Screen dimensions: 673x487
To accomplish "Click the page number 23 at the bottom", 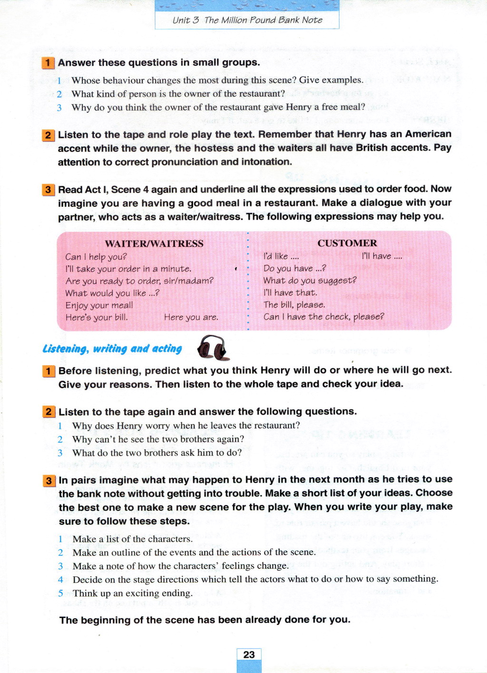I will [249, 655].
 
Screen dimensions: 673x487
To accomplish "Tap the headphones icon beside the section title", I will [212, 348].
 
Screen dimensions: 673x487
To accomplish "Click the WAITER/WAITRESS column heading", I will [154, 244].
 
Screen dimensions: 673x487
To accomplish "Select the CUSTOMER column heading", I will [347, 243].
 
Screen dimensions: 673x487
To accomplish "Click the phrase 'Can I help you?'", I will [96, 257].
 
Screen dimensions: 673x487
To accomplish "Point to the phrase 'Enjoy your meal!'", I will [99, 305].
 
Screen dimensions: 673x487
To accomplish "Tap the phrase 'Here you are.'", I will [191, 317].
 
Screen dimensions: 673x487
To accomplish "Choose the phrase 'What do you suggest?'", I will [310, 281].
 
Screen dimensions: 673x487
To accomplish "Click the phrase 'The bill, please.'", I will [294, 305].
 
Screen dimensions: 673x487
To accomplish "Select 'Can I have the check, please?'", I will [323, 317].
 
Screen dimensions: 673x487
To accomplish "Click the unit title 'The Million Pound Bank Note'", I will [263, 20].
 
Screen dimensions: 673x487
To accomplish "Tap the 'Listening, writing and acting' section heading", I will [112, 349].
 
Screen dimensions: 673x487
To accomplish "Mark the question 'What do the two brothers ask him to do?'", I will [157, 453].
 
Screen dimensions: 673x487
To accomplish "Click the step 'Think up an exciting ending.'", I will [132, 593].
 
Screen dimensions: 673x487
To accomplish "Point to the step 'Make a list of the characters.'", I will [132, 539].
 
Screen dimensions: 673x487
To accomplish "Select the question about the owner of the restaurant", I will [178, 94].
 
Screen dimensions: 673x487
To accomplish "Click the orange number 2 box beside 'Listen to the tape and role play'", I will [48, 135].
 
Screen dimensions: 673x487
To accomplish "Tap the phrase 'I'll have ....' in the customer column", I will [381, 256].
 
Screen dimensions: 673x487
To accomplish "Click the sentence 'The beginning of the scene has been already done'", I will [205, 620].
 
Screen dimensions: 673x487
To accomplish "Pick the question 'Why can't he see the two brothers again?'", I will [158, 439].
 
